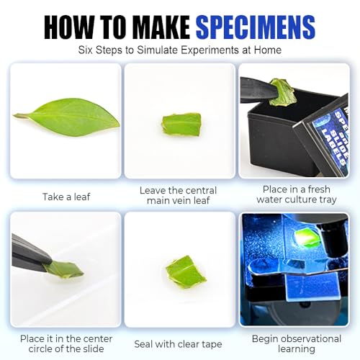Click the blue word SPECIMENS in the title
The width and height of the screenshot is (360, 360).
(256, 27)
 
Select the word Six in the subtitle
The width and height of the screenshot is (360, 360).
(85, 50)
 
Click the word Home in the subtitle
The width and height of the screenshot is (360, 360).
(268, 50)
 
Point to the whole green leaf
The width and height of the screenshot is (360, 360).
(67, 117)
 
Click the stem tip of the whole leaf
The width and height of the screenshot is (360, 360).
(14, 115)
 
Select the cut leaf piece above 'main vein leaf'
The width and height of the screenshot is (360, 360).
(181, 124)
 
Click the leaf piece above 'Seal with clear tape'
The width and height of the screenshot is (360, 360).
(186, 271)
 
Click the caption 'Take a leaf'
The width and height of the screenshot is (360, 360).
(66, 197)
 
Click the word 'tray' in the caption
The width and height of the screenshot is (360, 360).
(327, 199)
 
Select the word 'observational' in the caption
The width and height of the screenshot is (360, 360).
(311, 339)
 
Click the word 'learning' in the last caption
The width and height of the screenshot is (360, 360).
(297, 349)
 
